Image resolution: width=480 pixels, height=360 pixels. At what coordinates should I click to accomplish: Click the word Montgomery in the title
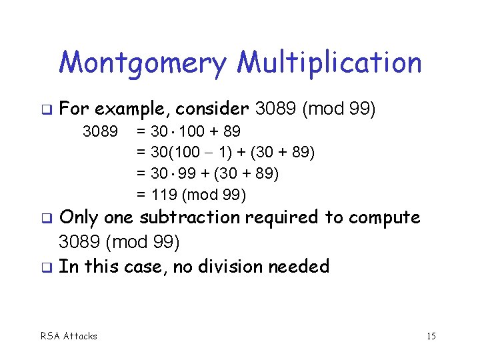tap(144, 64)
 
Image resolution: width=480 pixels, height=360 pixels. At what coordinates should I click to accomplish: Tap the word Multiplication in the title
tap(329, 64)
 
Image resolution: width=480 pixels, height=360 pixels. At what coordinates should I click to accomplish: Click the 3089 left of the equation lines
tap(101, 131)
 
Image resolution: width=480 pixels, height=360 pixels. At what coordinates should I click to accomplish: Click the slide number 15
tap(431, 336)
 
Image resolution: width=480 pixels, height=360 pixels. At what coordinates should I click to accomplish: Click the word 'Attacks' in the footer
tap(79, 336)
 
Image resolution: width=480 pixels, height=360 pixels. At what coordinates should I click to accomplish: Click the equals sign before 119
tap(141, 195)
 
